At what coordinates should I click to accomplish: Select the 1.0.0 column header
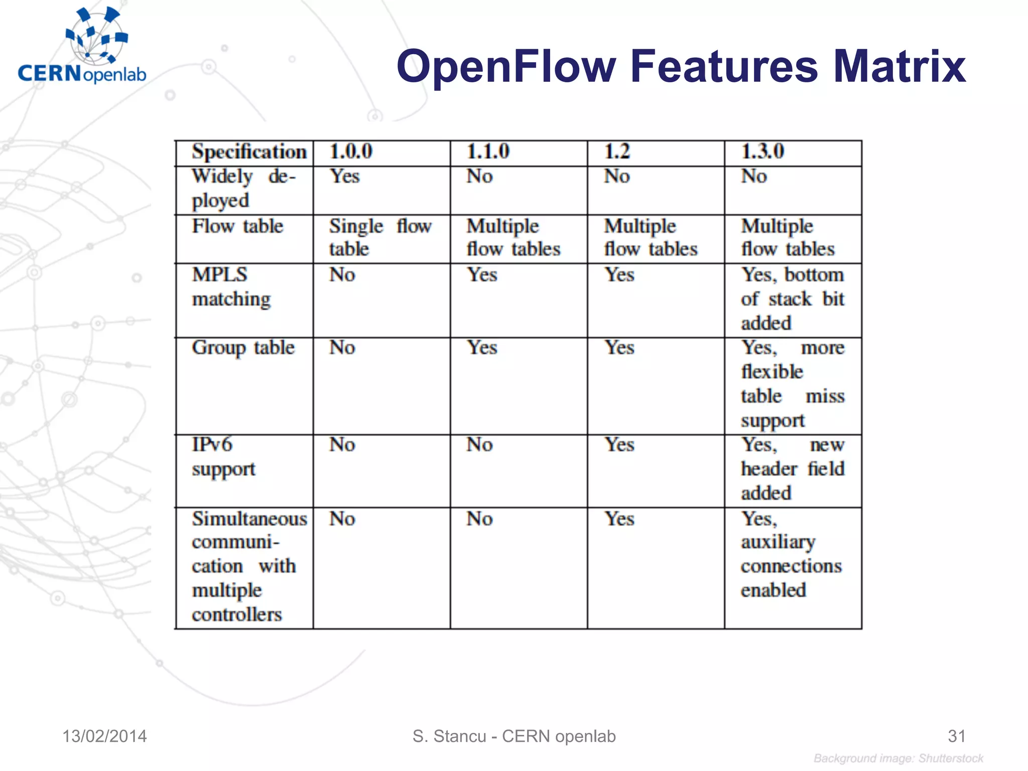(x=351, y=152)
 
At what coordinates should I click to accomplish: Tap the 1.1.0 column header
(x=488, y=152)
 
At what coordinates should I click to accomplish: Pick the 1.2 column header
(x=616, y=152)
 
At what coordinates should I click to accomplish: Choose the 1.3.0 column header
(x=762, y=152)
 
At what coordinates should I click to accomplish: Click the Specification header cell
(x=249, y=152)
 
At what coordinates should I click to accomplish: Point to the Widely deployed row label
(x=244, y=189)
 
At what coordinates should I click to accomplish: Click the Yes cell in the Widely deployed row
(x=345, y=177)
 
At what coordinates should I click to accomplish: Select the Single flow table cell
(x=380, y=237)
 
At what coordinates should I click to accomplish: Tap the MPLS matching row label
(x=231, y=287)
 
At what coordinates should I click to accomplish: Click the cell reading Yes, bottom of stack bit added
(x=793, y=299)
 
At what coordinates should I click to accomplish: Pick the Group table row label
(x=243, y=348)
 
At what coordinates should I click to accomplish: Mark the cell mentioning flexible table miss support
(x=793, y=384)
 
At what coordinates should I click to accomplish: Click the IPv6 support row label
(x=223, y=457)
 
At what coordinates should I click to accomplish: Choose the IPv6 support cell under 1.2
(x=619, y=445)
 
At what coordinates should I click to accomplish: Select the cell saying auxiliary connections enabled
(x=791, y=554)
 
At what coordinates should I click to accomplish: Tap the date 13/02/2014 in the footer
(x=104, y=736)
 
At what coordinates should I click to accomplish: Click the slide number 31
(x=957, y=736)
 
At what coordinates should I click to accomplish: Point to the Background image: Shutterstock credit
(x=898, y=758)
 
